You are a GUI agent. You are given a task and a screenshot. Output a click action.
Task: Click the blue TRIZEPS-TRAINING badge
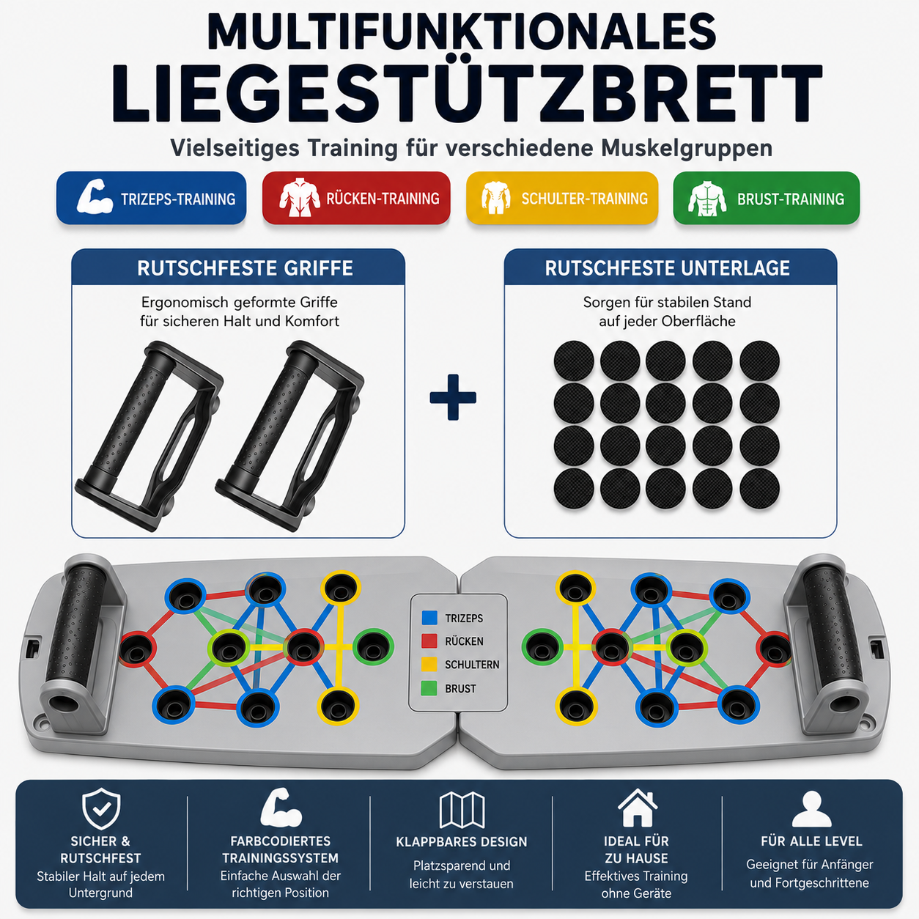tap(151, 198)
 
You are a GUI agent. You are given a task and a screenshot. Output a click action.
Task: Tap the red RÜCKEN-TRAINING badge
tap(356, 198)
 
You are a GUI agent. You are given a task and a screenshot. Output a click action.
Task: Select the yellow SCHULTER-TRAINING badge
tap(562, 198)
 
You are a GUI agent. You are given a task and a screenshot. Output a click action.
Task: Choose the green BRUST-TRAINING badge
tap(767, 198)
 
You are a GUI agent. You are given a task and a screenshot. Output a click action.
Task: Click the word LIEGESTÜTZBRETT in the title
tap(467, 95)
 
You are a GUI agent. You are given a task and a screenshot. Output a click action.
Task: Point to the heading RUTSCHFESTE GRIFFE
tap(245, 268)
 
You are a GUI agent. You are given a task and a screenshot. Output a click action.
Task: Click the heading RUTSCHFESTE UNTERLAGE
tap(668, 268)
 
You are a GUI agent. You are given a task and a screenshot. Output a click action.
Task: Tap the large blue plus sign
tap(453, 397)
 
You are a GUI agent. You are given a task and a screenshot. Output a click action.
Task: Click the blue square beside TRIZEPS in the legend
tap(429, 618)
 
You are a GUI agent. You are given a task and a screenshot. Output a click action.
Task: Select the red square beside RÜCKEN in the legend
tap(429, 641)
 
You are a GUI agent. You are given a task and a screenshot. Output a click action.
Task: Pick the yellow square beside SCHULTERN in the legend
tap(429, 664)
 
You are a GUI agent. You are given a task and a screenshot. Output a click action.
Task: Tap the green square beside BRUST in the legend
tap(429, 687)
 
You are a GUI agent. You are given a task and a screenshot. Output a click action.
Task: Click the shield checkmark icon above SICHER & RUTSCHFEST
tap(101, 809)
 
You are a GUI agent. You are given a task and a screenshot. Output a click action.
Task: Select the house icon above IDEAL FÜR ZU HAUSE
tap(638, 808)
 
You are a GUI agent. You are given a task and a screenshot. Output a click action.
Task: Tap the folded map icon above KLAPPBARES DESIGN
tap(462, 810)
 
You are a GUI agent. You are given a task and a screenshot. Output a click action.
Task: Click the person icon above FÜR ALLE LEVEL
tap(812, 809)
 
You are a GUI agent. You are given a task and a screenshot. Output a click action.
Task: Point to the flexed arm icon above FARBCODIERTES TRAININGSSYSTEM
tap(281, 808)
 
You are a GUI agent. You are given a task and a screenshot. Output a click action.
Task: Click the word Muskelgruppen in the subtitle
tap(687, 148)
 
